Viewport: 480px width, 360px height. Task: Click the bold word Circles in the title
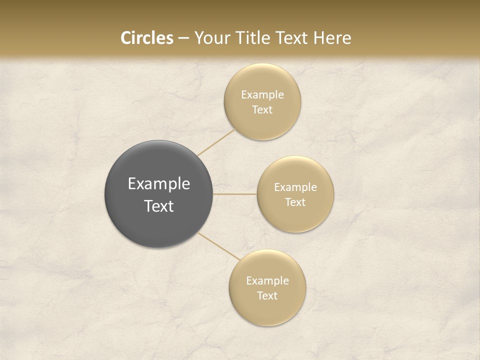pos(147,38)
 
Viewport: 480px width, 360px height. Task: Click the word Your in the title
pos(210,38)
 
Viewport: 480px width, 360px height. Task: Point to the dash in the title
pos(183,38)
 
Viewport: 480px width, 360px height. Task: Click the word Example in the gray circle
pos(159,184)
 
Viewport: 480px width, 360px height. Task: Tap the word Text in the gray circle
pos(159,206)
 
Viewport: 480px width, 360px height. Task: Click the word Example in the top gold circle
pos(262,94)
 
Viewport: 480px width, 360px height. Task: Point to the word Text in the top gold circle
pos(262,109)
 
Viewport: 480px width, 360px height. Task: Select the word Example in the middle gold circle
pos(295,187)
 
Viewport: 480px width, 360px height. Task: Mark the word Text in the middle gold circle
pos(295,202)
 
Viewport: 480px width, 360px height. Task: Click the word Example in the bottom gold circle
pos(267,280)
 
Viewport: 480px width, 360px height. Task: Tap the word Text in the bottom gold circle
pos(267,295)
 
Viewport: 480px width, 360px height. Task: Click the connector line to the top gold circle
pos(215,142)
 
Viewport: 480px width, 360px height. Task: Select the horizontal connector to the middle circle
pos(235,194)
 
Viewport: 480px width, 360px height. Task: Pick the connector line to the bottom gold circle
pos(219,246)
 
